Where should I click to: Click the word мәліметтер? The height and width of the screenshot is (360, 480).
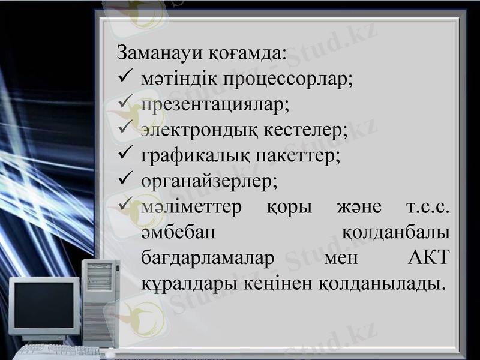(191, 207)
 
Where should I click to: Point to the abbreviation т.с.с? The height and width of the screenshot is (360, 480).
(428, 207)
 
